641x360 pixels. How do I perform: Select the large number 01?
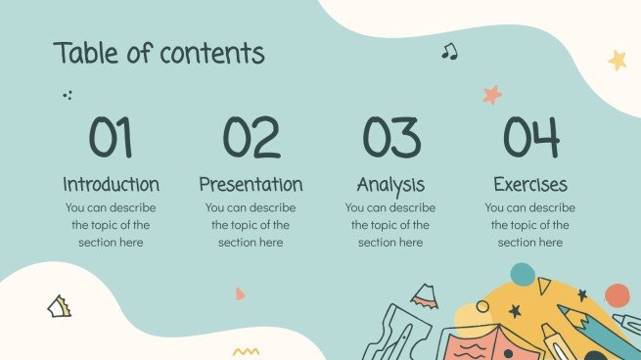pyautogui.click(x=111, y=138)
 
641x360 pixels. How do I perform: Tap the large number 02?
pyautogui.click(x=251, y=138)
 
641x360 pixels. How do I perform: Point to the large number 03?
pyautogui.click(x=390, y=138)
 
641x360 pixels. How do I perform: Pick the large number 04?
pyautogui.click(x=530, y=138)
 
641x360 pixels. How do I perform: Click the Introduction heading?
pyautogui.click(x=111, y=184)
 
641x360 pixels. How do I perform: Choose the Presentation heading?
pyautogui.click(x=251, y=184)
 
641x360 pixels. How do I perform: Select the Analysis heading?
pyautogui.click(x=390, y=184)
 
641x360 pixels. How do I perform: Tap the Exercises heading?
pyautogui.click(x=530, y=184)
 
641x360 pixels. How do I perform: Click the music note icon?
pyautogui.click(x=449, y=51)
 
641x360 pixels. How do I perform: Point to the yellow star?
pyautogui.click(x=618, y=60)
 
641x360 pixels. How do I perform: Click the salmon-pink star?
pyautogui.click(x=491, y=95)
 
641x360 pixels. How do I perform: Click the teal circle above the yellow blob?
pyautogui.click(x=523, y=275)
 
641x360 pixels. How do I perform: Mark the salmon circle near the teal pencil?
pyautogui.click(x=617, y=295)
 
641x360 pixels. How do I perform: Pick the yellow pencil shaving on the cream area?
pyautogui.click(x=60, y=306)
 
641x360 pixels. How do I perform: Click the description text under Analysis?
pyautogui.click(x=390, y=225)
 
